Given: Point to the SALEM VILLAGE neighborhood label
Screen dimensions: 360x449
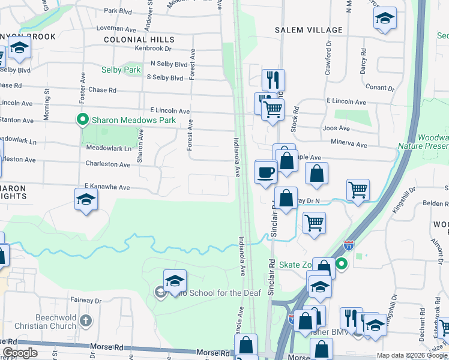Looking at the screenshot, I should [309, 30].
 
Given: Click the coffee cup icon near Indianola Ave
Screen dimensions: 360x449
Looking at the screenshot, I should [265, 173].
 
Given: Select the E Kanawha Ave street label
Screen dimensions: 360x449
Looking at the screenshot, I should [107, 187].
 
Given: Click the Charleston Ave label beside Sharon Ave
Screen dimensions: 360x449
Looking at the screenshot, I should [107, 164].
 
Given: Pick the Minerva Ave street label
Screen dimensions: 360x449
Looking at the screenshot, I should [349, 145].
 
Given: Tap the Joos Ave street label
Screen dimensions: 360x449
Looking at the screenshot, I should [336, 128].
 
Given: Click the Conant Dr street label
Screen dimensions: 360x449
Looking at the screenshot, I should [379, 88].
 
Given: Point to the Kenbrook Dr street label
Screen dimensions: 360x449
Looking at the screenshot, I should [153, 48].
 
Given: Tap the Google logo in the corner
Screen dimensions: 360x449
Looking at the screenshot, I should [20, 353].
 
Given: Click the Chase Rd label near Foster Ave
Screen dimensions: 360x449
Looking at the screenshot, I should [102, 90].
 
